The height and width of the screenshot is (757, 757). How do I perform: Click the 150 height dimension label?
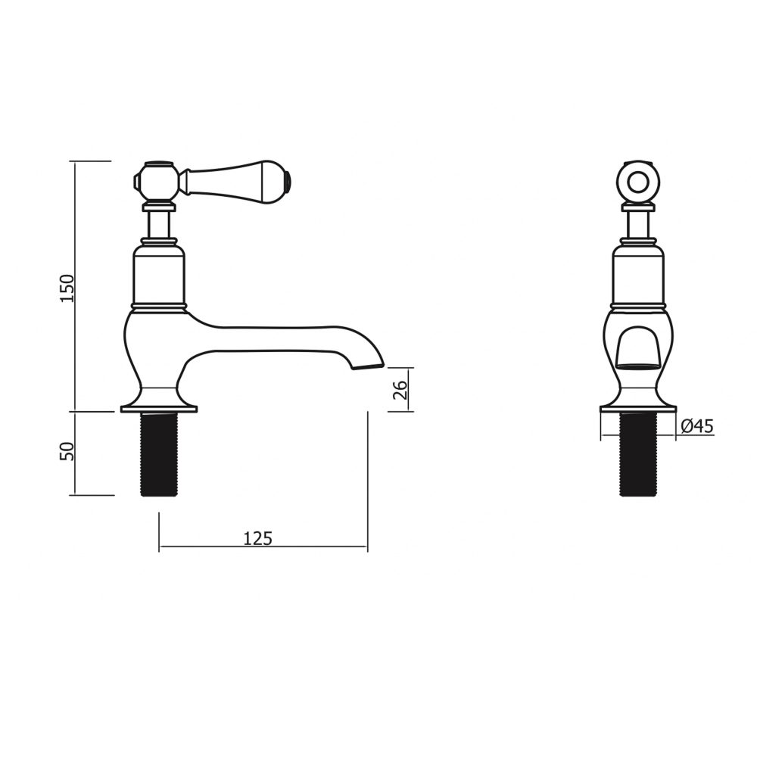click(67, 288)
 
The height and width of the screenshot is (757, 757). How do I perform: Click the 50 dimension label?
click(67, 452)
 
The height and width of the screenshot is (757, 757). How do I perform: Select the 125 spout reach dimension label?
click(257, 538)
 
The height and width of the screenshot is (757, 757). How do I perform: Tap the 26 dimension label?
click(402, 390)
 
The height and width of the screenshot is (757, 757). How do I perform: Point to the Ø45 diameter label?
click(696, 427)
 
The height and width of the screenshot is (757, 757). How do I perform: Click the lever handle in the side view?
click(235, 179)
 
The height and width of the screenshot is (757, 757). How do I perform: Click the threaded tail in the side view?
click(158, 454)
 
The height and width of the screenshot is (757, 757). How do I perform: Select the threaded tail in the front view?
click(637, 454)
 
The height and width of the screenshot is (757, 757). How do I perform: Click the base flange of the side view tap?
click(158, 408)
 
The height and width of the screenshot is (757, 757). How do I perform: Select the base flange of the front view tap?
click(637, 408)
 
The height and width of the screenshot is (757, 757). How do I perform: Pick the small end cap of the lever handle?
click(288, 179)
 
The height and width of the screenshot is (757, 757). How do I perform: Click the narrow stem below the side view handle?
click(158, 225)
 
